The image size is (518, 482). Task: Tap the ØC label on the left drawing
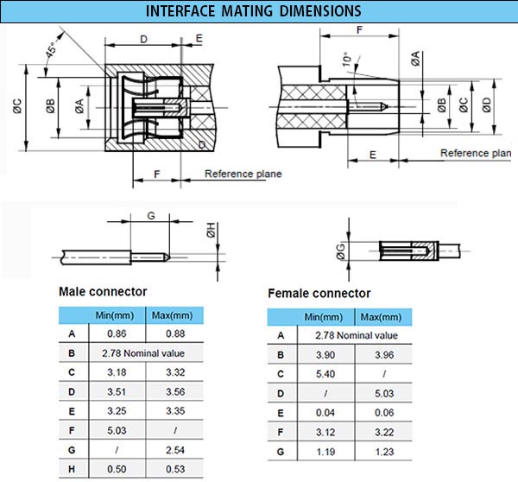click(x=17, y=108)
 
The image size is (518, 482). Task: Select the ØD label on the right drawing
click(x=487, y=107)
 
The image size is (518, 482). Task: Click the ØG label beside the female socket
click(x=340, y=251)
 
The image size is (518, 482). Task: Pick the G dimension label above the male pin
click(x=150, y=215)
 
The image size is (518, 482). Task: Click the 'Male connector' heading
click(x=103, y=292)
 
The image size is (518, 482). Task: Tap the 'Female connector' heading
click(x=319, y=294)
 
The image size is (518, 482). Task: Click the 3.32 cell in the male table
click(x=175, y=372)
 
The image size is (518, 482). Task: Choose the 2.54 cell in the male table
click(x=175, y=450)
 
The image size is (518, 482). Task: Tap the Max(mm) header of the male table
click(x=175, y=315)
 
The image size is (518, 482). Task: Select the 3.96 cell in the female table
click(x=380, y=354)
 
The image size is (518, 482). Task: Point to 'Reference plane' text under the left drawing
click(x=243, y=174)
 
